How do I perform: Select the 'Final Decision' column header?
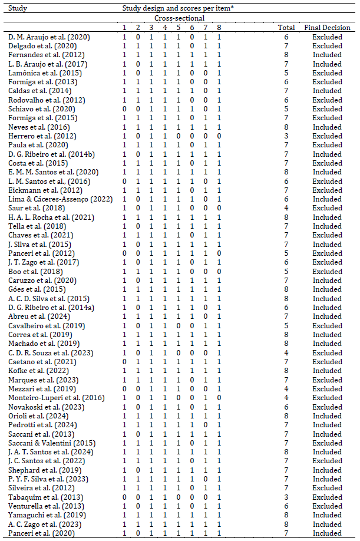tap(327, 28)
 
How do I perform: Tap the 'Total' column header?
tap(286, 28)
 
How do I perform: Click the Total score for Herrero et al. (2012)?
tap(286, 136)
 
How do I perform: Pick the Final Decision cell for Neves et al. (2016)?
tap(327, 127)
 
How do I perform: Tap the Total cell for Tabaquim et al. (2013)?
tap(286, 497)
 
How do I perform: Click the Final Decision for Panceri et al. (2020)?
tap(327, 533)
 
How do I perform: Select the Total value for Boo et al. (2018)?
tap(286, 272)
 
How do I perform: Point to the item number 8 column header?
tap(219, 28)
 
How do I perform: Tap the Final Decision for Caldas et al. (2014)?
tap(327, 91)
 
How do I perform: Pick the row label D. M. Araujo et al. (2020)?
tap(49, 37)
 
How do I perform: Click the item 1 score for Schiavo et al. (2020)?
tap(124, 109)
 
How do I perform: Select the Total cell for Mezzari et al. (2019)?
tap(286, 389)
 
